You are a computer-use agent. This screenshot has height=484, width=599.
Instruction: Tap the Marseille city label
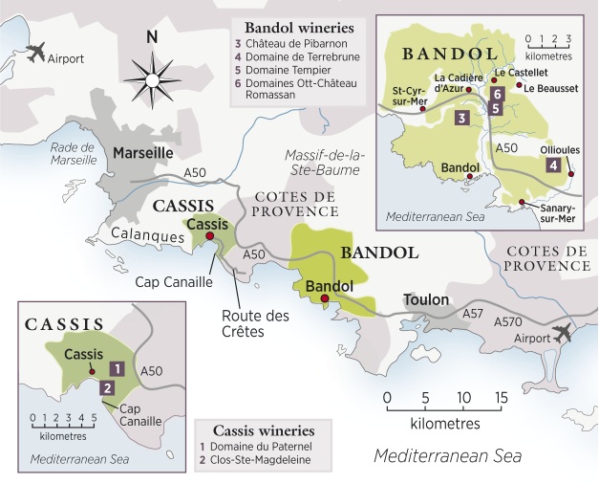pyautogui.click(x=144, y=152)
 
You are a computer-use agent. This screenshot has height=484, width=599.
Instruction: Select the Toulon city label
pyautogui.click(x=426, y=299)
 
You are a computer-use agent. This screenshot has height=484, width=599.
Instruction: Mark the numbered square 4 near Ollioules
pyautogui.click(x=552, y=165)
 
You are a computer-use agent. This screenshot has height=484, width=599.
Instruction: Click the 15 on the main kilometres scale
pyautogui.click(x=499, y=397)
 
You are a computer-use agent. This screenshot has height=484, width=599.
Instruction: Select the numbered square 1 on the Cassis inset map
pyautogui.click(x=116, y=367)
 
